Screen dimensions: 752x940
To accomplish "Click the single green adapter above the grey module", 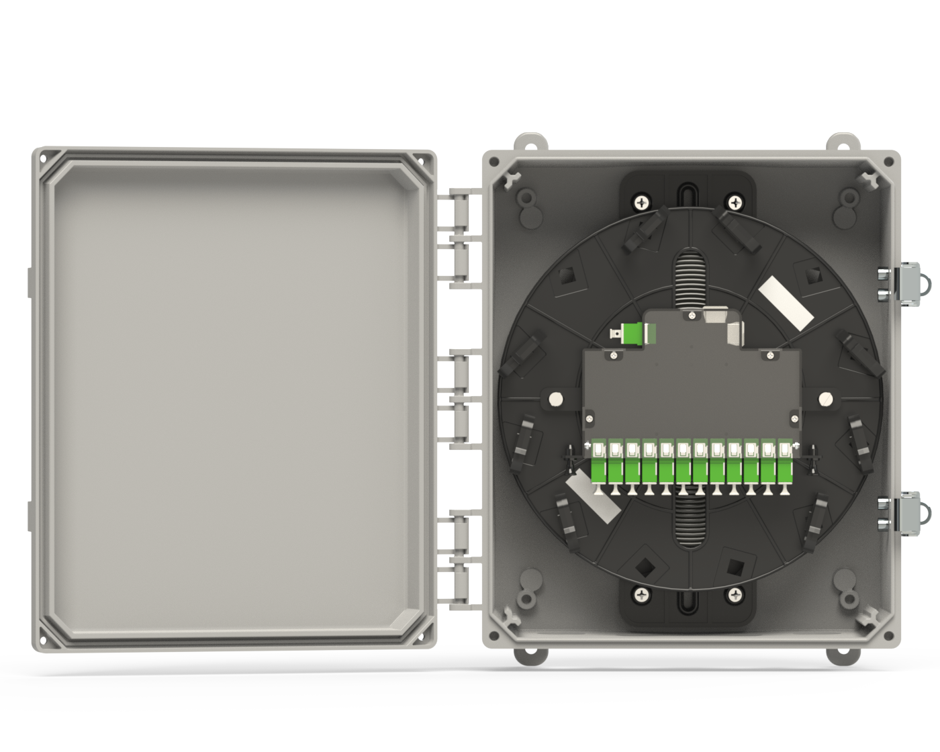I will (632, 334).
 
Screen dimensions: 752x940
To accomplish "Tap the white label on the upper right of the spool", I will (785, 304).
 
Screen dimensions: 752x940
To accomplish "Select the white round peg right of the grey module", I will (825, 399).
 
